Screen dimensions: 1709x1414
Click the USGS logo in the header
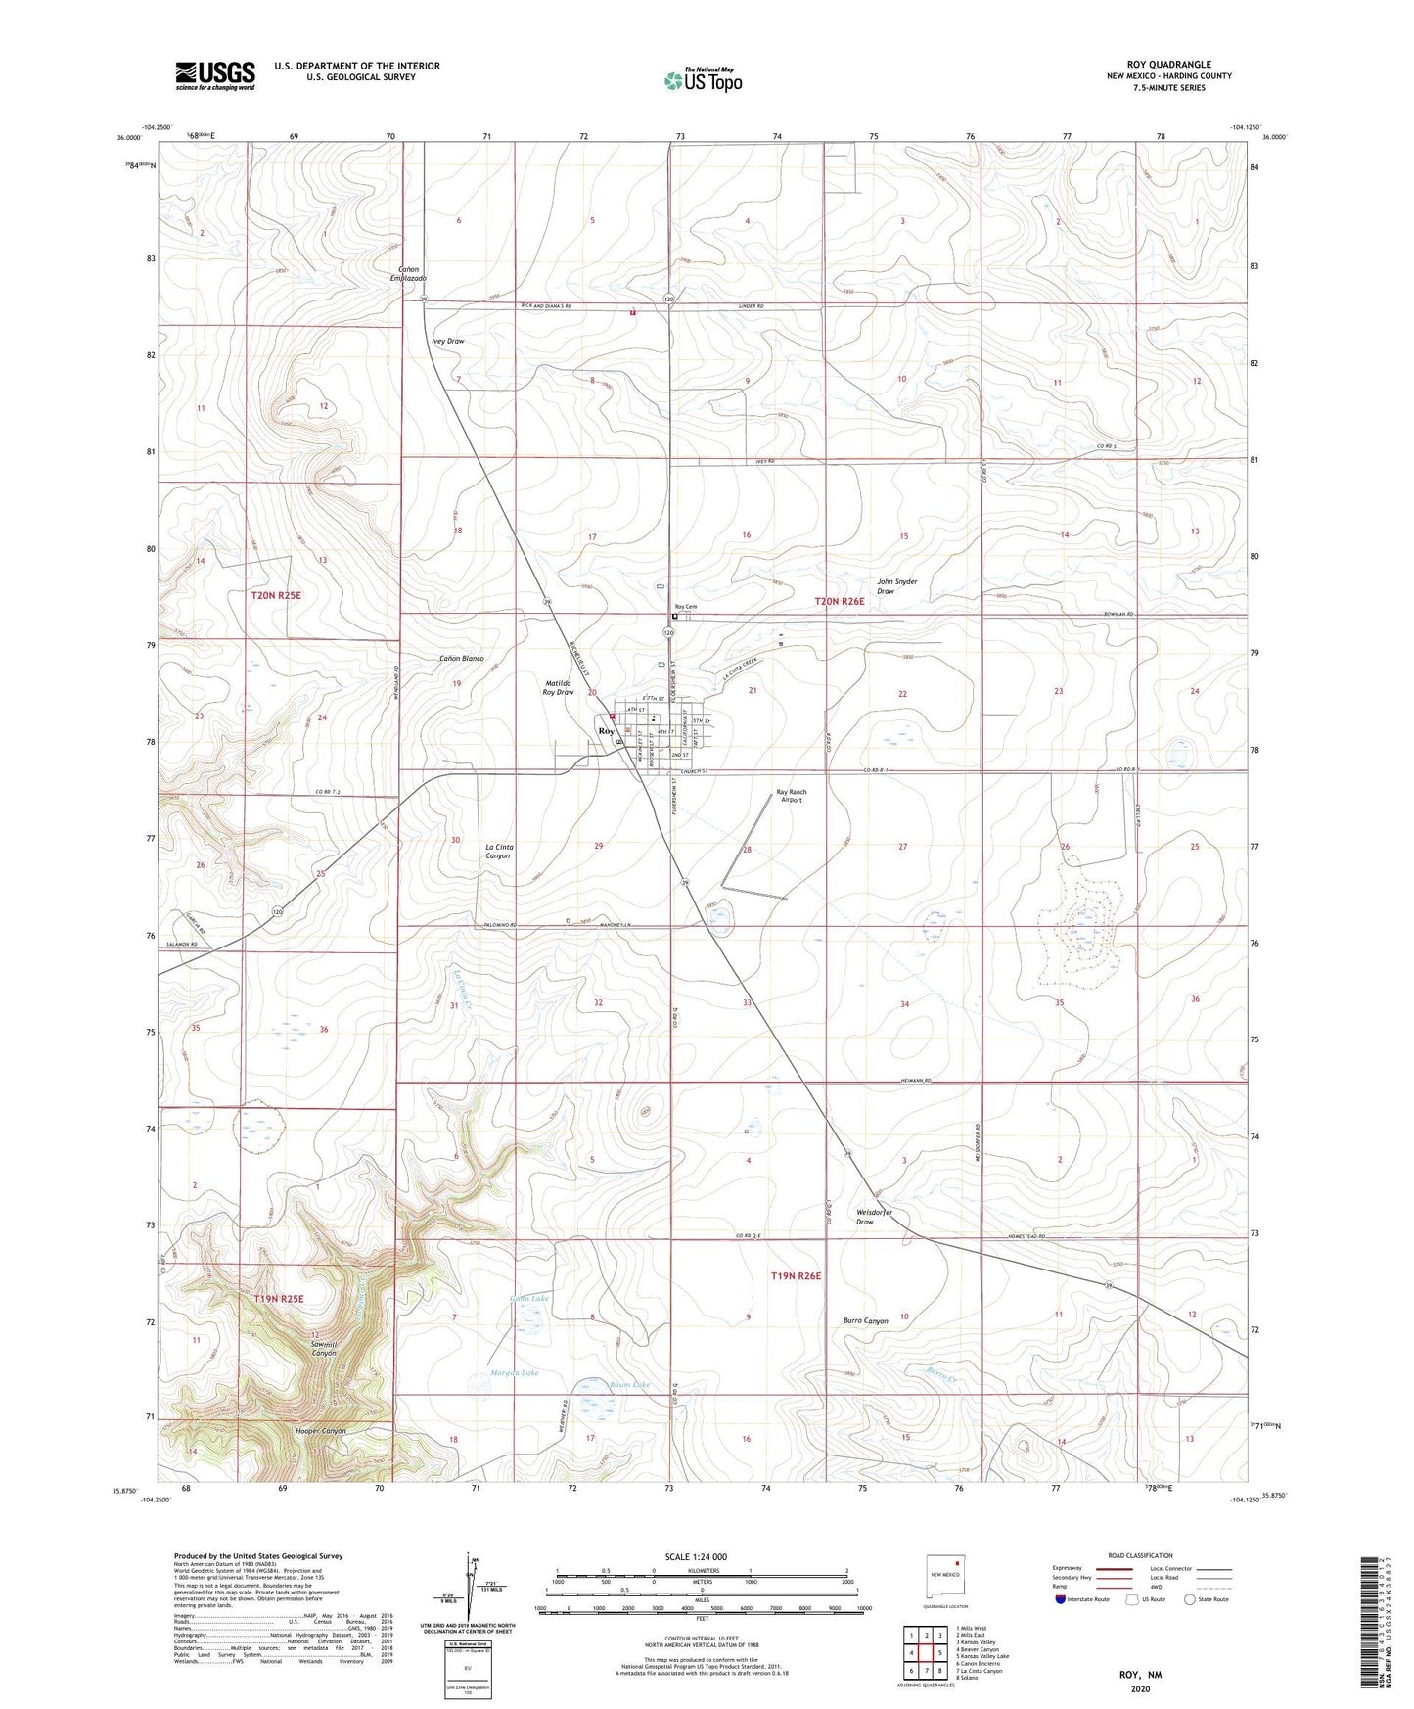214,75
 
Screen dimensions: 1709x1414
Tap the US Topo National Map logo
703,80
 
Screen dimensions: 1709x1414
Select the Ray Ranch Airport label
791,796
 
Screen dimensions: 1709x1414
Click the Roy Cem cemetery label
684,607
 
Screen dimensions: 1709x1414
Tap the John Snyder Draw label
896,586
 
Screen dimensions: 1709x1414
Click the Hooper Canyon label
321,1431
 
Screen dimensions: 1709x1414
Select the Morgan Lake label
514,1373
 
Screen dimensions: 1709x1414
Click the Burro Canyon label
865,1320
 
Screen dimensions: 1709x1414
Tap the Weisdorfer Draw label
874,1217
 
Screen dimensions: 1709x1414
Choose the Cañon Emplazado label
408,273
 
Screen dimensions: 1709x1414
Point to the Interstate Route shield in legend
1062,1599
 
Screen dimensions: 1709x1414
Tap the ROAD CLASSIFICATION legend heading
1141,1555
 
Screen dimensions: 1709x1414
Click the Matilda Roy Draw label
558,687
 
